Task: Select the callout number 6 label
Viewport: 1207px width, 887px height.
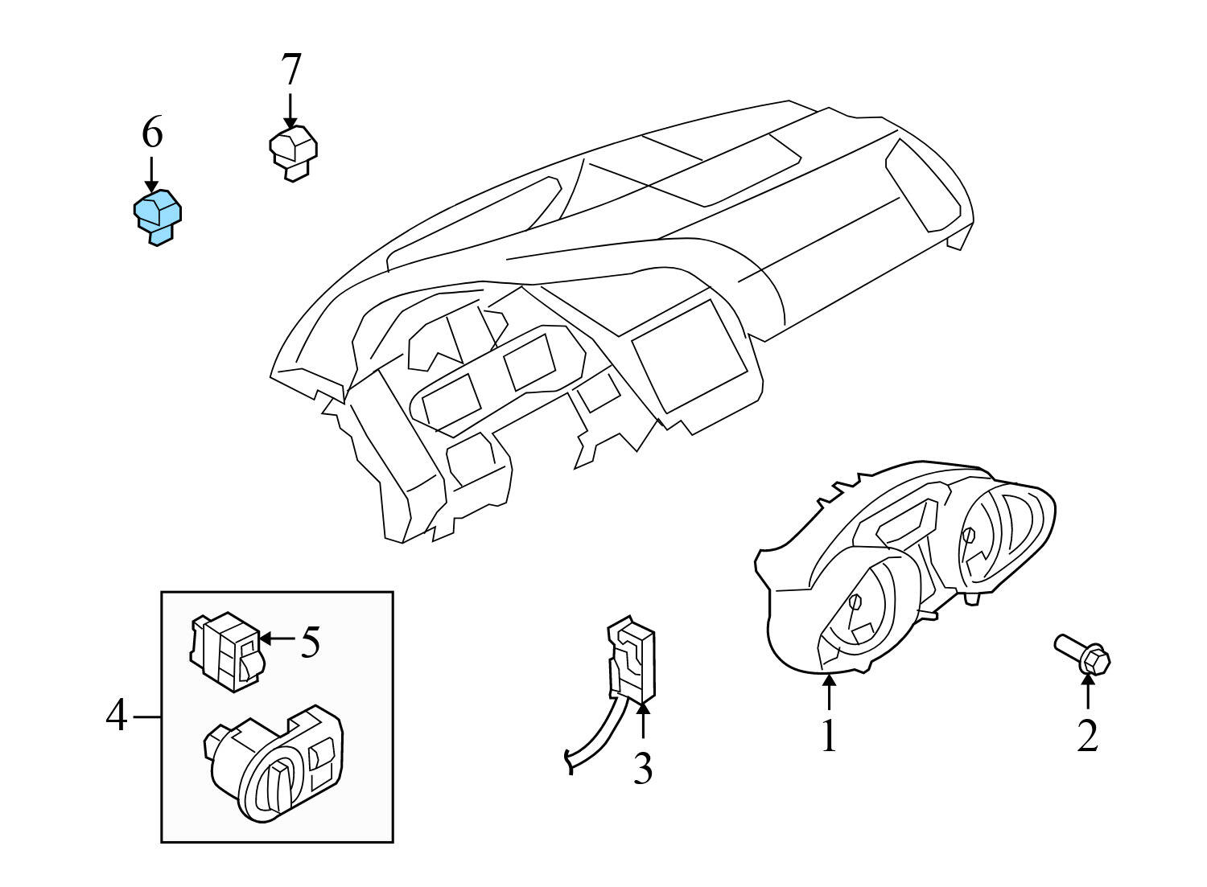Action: coord(152,133)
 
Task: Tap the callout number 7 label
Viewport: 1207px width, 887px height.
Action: coord(290,70)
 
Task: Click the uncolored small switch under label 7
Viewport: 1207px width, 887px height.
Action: coord(292,151)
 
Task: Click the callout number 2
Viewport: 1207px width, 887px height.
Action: coord(1087,735)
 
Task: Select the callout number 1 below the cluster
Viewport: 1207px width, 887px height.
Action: coord(829,735)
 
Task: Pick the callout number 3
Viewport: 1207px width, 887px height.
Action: coord(641,768)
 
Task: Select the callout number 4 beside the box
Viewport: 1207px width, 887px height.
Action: coord(116,715)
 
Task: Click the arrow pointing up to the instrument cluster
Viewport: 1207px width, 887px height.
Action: coord(829,692)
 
